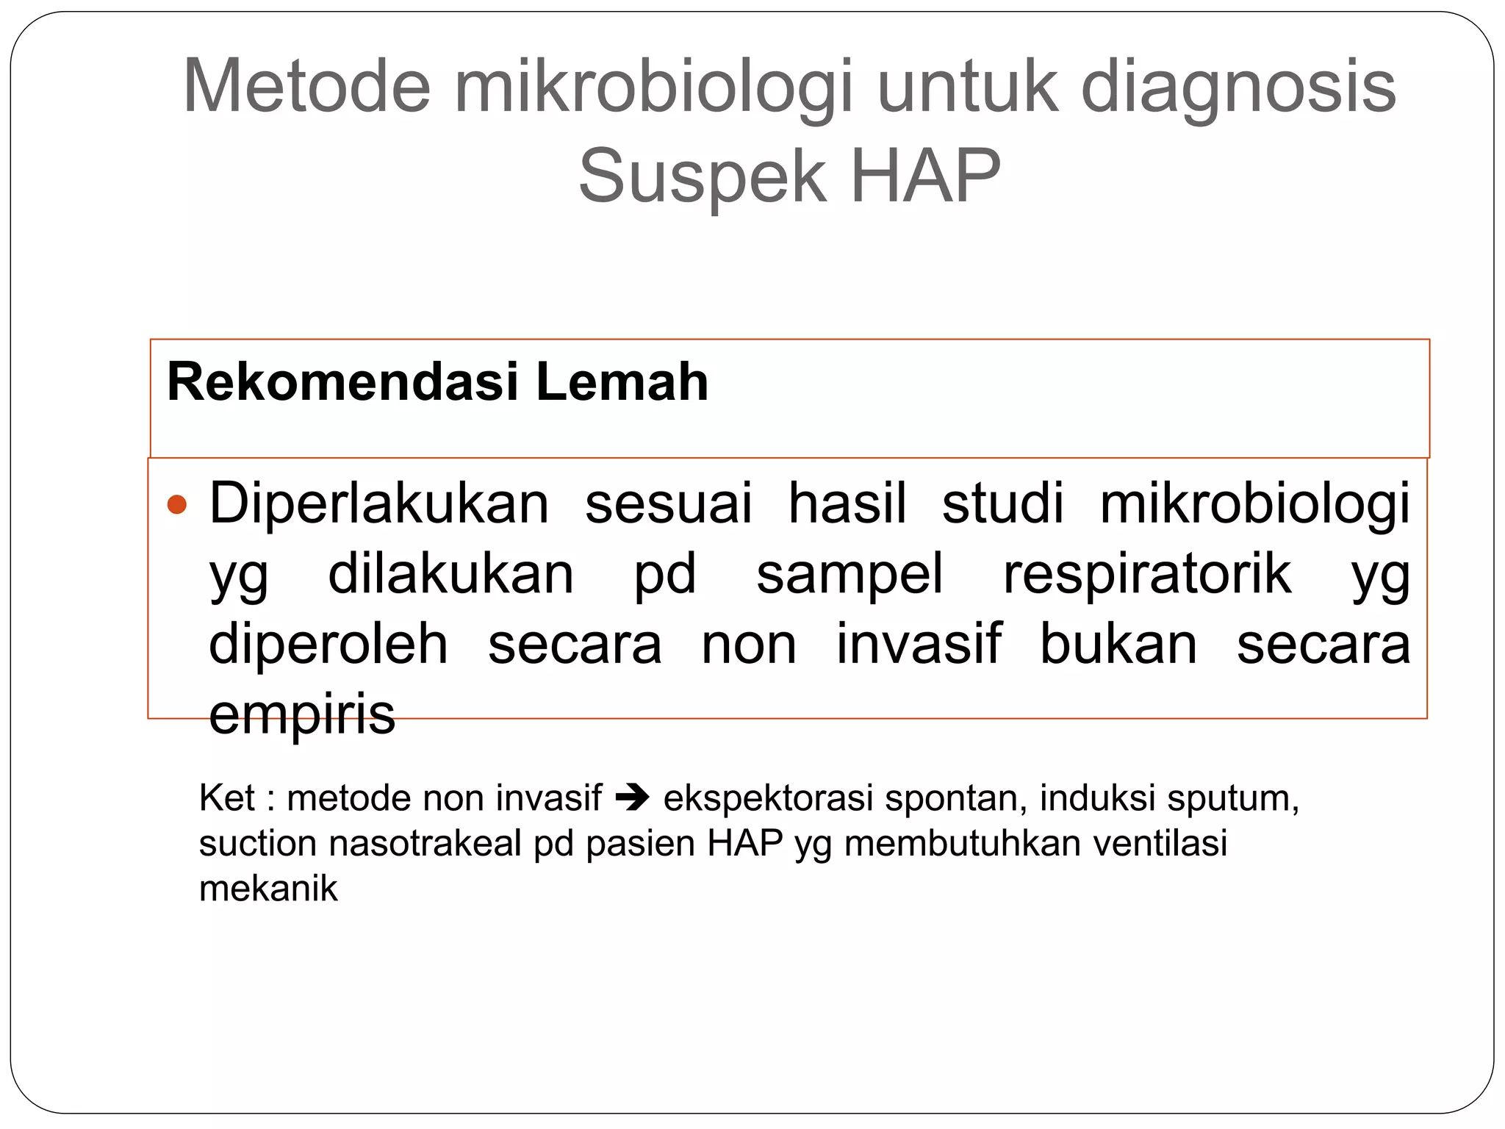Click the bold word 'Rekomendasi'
[x=343, y=382]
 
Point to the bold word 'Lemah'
[x=622, y=382]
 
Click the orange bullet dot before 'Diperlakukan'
[x=177, y=505]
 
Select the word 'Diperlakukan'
[x=379, y=504]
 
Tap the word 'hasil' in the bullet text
[x=847, y=504]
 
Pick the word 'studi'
[x=1002, y=504]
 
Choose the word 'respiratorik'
[x=1146, y=574]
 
